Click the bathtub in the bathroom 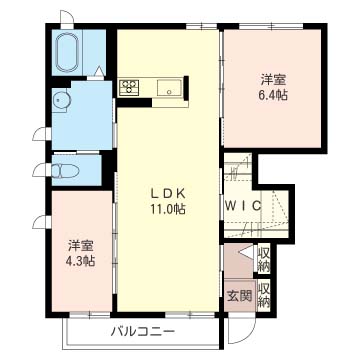coord(68,52)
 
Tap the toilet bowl coord(66,171)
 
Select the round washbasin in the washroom coord(62,99)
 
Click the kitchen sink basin coord(170,88)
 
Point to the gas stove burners coord(129,88)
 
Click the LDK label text coord(168,194)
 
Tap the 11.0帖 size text coord(168,210)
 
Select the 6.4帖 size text coord(273,95)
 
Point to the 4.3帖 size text coord(80,261)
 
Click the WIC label coord(242,206)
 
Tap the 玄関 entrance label coord(239,296)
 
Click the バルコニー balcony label coord(143,332)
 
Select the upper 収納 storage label coord(264,259)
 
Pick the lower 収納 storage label coord(264,295)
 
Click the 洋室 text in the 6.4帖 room coord(273,80)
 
